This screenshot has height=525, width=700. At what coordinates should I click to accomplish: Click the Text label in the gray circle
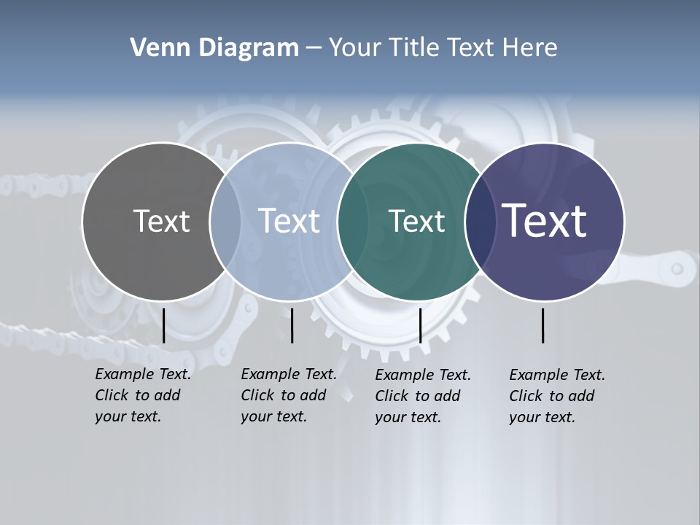pyautogui.click(x=161, y=221)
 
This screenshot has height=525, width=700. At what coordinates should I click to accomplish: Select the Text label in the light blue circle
pyautogui.click(x=289, y=221)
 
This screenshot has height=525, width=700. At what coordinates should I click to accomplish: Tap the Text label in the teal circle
pyautogui.click(x=416, y=221)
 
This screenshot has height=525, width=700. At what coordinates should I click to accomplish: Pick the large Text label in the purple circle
pyautogui.click(x=545, y=221)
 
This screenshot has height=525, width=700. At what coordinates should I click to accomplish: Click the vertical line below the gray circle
pyautogui.click(x=163, y=325)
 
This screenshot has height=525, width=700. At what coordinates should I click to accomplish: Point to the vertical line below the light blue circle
pyautogui.click(x=292, y=325)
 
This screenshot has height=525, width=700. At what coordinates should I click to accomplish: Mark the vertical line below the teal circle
pyautogui.click(x=420, y=325)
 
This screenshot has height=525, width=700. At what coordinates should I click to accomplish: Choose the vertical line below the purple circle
pyautogui.click(x=543, y=325)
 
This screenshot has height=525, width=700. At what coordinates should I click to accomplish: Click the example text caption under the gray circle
pyautogui.click(x=143, y=395)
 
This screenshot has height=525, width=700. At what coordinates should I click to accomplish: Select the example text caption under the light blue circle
pyautogui.click(x=289, y=395)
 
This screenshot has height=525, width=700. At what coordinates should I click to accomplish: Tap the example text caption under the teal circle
pyautogui.click(x=423, y=396)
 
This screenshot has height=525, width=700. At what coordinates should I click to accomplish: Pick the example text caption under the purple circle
pyautogui.click(x=557, y=396)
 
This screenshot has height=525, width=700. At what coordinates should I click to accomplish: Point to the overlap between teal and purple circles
pyautogui.click(x=477, y=222)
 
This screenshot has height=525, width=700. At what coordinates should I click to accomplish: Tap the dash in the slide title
pyautogui.click(x=314, y=48)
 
